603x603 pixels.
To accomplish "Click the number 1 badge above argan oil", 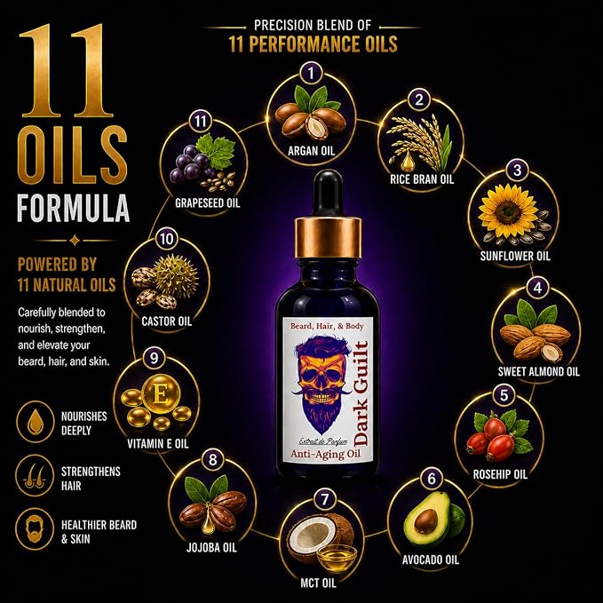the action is [x=311, y=73].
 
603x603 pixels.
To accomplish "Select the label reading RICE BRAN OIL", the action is [x=422, y=179].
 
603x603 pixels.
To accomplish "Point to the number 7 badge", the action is [x=325, y=499].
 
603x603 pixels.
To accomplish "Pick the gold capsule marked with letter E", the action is [x=161, y=394].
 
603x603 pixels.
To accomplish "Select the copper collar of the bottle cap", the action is [x=328, y=237].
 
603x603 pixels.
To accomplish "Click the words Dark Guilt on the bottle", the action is [x=361, y=393].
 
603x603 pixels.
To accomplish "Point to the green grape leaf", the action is [x=216, y=153].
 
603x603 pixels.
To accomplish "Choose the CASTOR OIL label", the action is [x=167, y=321].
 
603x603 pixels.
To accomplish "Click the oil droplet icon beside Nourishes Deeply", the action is [x=35, y=422].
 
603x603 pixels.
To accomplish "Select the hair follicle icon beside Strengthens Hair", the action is [x=35, y=476].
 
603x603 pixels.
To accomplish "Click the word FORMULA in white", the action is [x=73, y=208].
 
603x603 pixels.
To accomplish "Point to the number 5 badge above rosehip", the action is [x=504, y=395].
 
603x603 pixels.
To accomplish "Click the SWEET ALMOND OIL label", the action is [x=538, y=371].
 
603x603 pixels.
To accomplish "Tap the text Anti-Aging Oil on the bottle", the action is [x=325, y=454].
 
